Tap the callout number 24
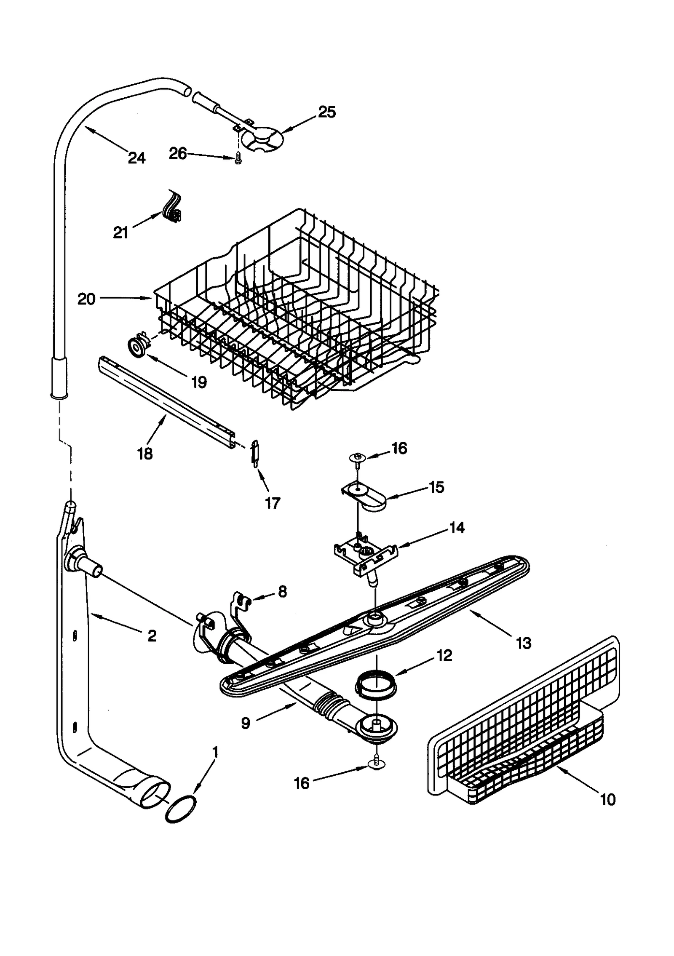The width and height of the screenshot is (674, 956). click(x=136, y=158)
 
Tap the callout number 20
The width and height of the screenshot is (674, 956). click(x=86, y=299)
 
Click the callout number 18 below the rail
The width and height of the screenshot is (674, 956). click(x=145, y=454)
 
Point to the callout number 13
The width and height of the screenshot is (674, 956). click(x=523, y=643)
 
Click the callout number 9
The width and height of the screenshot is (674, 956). click(x=246, y=723)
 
